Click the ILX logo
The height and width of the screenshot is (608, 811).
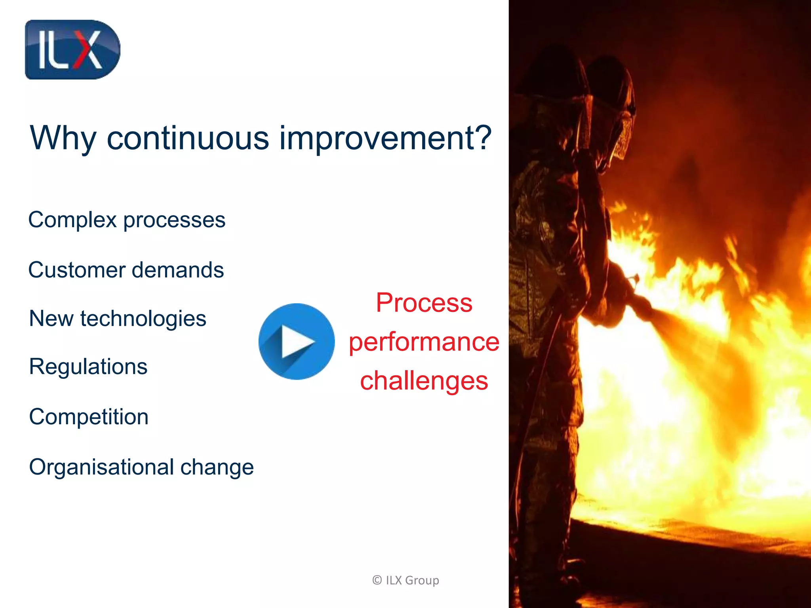point(72,50)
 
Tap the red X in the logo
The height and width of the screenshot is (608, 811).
point(86,50)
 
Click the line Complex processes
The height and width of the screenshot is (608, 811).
point(127,220)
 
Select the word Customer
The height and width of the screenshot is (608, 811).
point(77,270)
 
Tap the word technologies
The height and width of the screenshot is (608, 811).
point(143,319)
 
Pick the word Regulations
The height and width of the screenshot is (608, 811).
point(88,367)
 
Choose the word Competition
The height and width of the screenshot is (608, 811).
point(89,417)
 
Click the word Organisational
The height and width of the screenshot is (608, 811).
point(101,467)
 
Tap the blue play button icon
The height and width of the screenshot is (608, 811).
point(297,341)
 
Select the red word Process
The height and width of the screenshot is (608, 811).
point(424,303)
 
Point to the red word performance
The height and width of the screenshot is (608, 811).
point(424,342)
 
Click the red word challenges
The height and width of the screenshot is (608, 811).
point(424,381)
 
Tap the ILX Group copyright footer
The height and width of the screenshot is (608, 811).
point(405,580)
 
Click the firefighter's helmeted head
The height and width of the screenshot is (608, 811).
point(610,99)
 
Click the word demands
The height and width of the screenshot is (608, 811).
point(178,270)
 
